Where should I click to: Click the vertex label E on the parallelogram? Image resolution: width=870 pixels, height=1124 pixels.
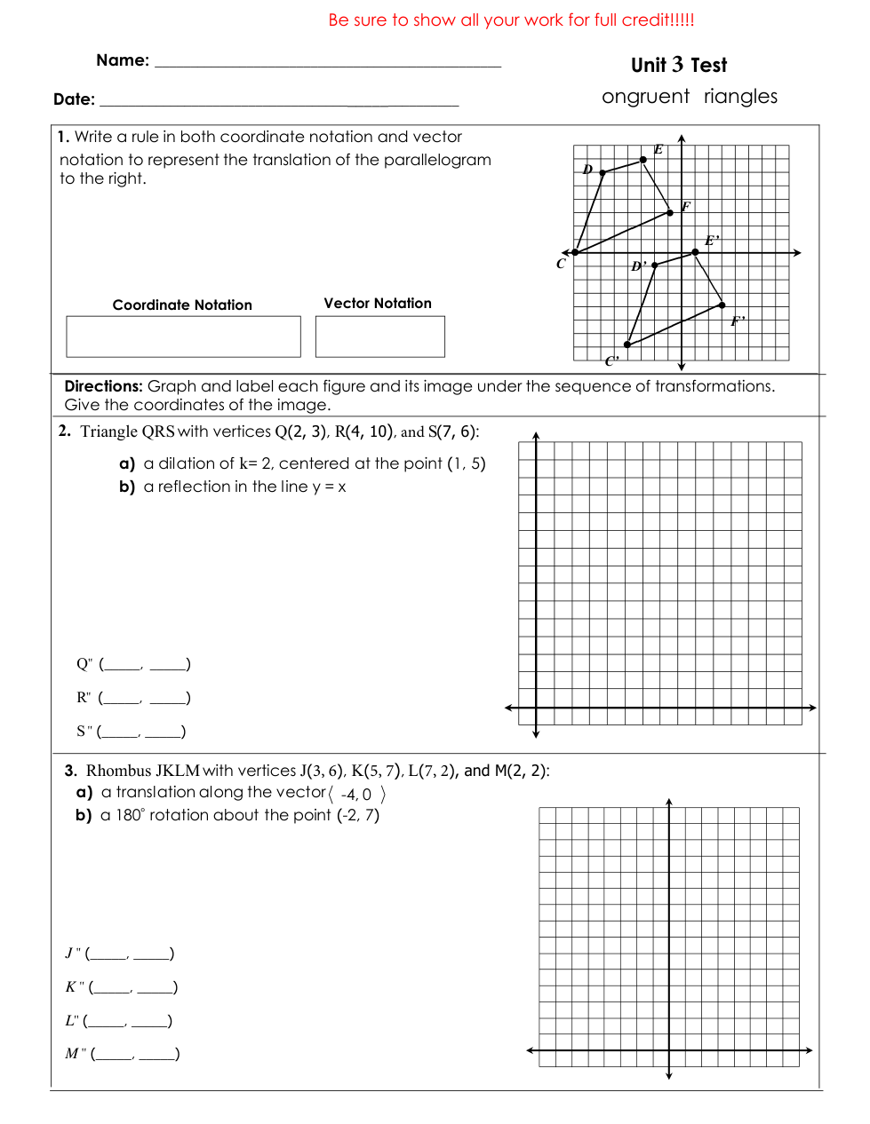[x=658, y=149]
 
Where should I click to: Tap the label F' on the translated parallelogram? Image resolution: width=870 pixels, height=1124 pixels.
[x=738, y=321]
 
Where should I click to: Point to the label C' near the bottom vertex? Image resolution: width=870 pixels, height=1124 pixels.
[x=611, y=360]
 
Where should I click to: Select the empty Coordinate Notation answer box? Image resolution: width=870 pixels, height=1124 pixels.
[x=183, y=336]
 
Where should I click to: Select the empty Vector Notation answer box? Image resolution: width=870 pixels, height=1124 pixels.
[x=379, y=336]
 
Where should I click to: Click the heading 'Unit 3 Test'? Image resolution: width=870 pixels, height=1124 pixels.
[x=678, y=65]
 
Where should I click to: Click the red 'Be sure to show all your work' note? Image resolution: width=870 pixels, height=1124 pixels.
[x=511, y=20]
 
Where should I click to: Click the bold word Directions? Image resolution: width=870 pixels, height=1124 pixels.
[x=103, y=386]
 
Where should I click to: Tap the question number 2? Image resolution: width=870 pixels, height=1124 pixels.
[x=64, y=431]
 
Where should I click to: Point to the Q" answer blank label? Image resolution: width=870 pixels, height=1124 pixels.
[x=84, y=664]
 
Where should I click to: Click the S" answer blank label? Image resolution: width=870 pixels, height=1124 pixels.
[x=84, y=732]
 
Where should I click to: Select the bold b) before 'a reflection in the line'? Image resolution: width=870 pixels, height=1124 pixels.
[x=127, y=487]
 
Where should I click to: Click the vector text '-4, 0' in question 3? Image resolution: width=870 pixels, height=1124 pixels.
[x=356, y=795]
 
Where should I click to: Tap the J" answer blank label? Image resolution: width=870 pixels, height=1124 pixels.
[x=73, y=954]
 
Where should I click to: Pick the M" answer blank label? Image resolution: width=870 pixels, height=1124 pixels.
[x=76, y=1054]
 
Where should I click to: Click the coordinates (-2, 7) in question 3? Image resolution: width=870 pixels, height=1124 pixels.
[x=358, y=815]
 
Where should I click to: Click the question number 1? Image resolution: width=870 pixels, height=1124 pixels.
[x=63, y=137]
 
